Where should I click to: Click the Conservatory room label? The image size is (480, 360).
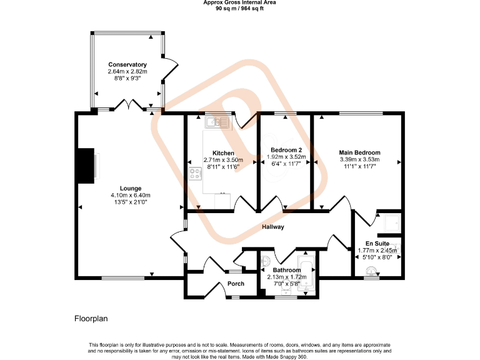click(127, 64)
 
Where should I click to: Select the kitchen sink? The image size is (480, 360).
click(216, 122)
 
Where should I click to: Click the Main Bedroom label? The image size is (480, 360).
click(359, 152)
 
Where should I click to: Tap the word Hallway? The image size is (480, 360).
click(272, 227)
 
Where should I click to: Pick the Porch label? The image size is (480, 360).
click(236, 284)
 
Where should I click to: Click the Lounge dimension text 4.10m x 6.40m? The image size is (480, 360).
click(126, 195)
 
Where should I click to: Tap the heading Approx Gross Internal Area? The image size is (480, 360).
click(239, 2)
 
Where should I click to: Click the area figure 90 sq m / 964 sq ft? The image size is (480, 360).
click(239, 9)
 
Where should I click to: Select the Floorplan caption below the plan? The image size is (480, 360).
click(91, 319)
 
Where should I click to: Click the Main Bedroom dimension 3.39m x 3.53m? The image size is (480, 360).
click(359, 159)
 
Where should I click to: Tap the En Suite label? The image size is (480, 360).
click(377, 243)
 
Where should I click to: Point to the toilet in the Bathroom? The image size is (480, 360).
click(266, 261)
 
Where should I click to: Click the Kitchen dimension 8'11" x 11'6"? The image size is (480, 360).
click(223, 167)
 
